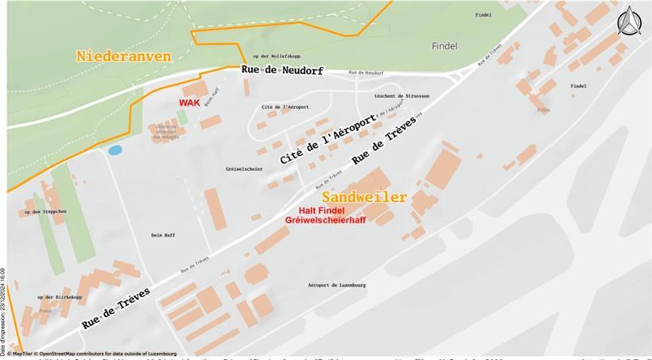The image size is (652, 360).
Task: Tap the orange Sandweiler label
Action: pyautogui.click(x=365, y=197)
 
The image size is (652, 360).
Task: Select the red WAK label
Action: pyautogui.click(x=189, y=103)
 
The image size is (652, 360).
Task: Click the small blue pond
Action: pyautogui.click(x=115, y=149)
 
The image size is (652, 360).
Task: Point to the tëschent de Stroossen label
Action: pyautogui.click(x=402, y=95)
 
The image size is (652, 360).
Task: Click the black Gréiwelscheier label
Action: pyautogui.click(x=244, y=168)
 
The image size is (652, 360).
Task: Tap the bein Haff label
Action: pyautogui.click(x=161, y=234)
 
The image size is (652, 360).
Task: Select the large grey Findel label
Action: pyautogui.click(x=444, y=46)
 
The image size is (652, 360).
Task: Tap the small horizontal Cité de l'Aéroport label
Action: pyautogui.click(x=285, y=106)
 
